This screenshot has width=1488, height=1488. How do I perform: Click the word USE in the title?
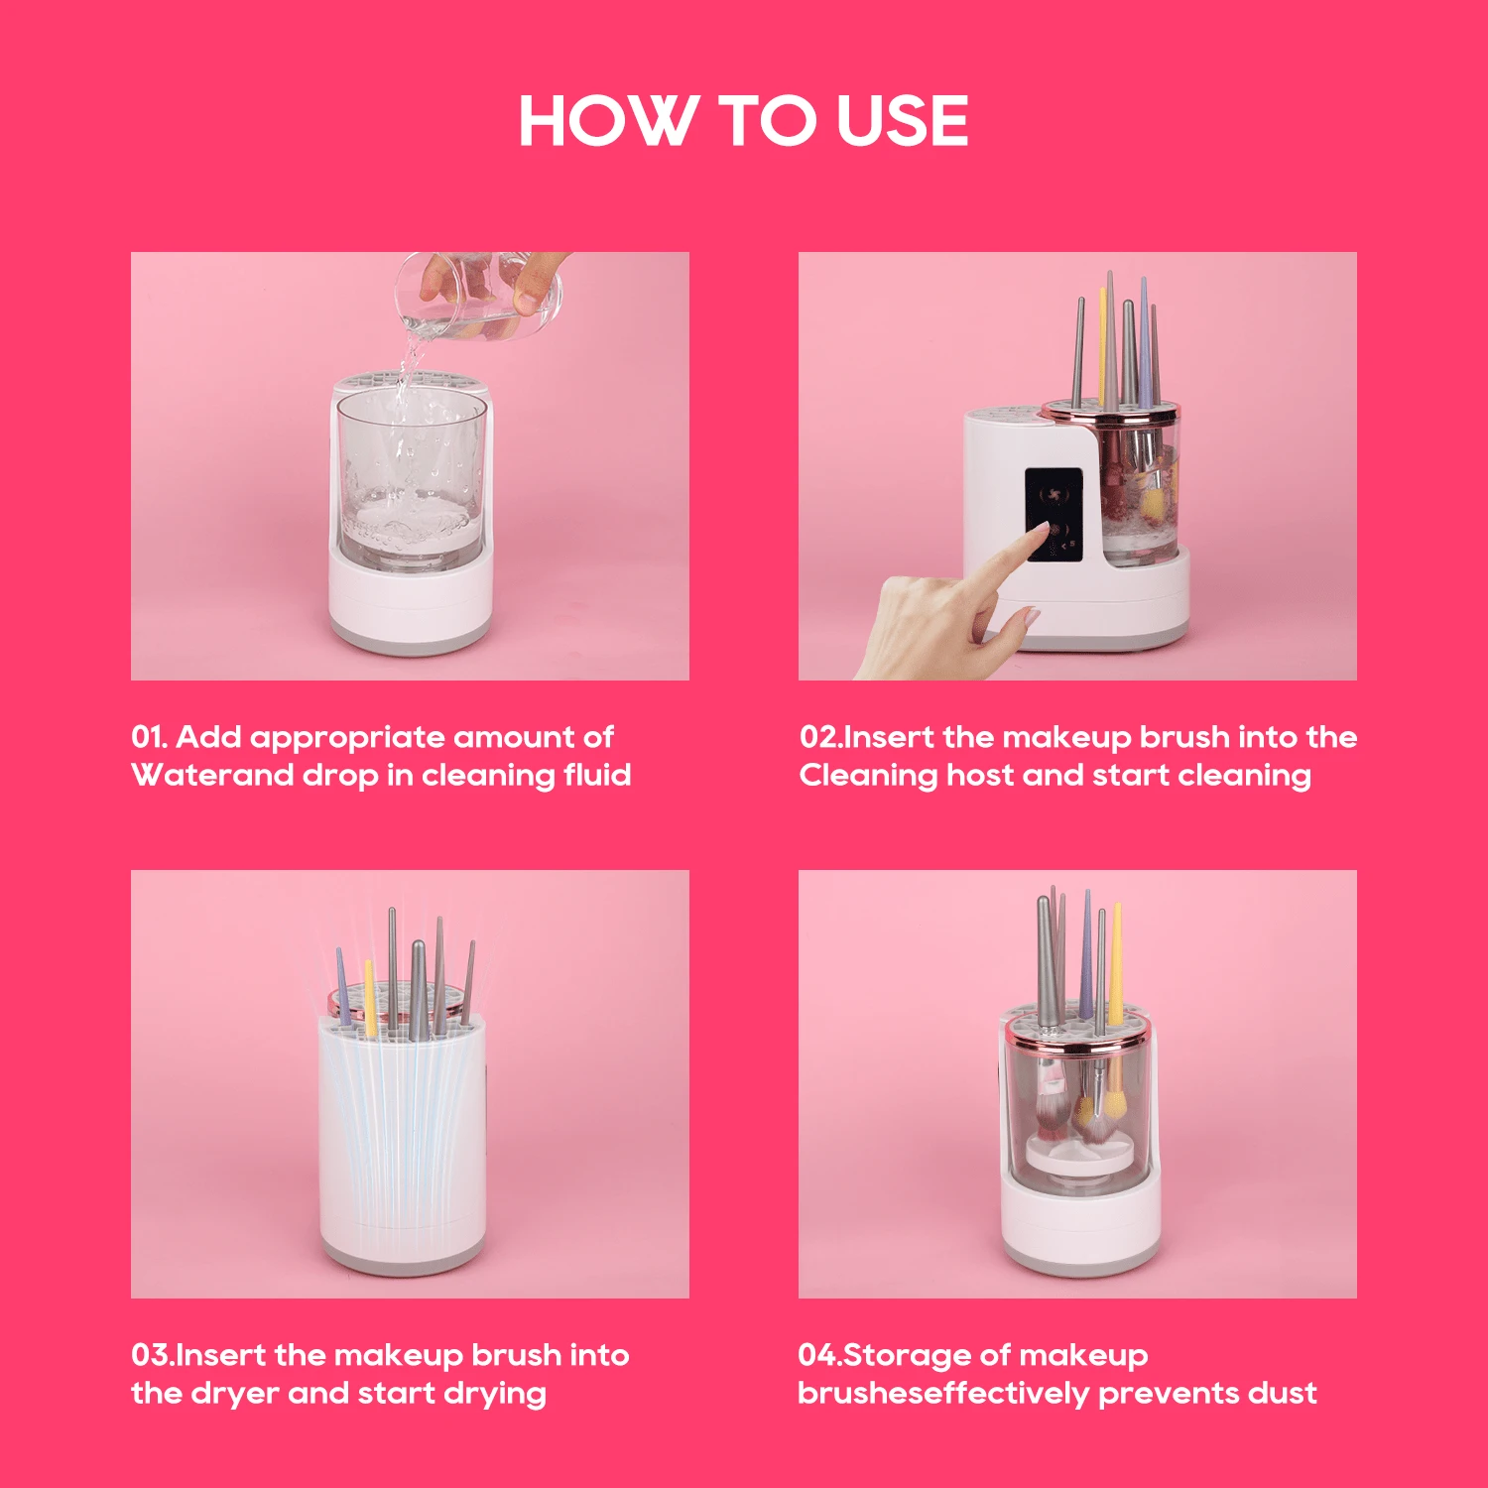[902, 121]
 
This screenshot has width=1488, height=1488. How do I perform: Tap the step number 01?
[148, 737]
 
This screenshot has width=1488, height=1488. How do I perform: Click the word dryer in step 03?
[233, 1394]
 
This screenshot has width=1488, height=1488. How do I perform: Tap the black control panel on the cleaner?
[1053, 514]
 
